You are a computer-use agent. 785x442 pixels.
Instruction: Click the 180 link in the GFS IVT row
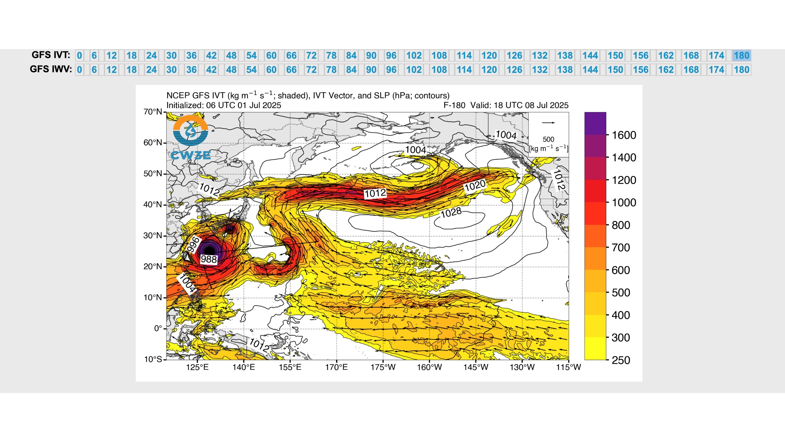click(x=741, y=55)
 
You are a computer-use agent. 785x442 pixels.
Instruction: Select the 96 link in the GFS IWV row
click(x=391, y=70)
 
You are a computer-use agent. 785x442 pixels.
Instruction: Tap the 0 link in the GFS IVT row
click(x=79, y=55)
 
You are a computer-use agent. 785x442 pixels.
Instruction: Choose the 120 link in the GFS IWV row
click(x=489, y=70)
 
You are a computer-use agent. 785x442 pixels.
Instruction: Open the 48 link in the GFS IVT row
click(x=231, y=55)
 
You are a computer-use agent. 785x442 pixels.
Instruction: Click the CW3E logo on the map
click(x=191, y=137)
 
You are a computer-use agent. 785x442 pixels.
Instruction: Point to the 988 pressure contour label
click(x=209, y=259)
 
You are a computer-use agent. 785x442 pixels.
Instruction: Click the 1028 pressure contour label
click(x=451, y=213)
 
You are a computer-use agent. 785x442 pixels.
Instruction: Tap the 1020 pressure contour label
click(x=475, y=186)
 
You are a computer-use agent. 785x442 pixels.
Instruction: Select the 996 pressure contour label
click(x=194, y=245)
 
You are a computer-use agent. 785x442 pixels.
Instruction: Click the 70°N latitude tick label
click(x=153, y=112)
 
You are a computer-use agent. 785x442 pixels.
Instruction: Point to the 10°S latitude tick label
click(x=153, y=359)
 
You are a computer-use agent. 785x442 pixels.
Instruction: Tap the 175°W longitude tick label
click(x=383, y=367)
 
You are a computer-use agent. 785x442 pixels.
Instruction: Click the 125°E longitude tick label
click(x=197, y=367)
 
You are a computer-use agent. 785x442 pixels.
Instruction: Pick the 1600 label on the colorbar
click(x=624, y=135)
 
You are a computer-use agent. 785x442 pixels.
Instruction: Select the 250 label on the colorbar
click(x=621, y=360)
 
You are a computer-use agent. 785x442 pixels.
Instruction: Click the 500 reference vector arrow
click(x=548, y=123)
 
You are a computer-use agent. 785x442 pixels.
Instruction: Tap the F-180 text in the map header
click(x=454, y=105)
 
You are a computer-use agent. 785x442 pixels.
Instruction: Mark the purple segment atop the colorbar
click(x=595, y=123)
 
